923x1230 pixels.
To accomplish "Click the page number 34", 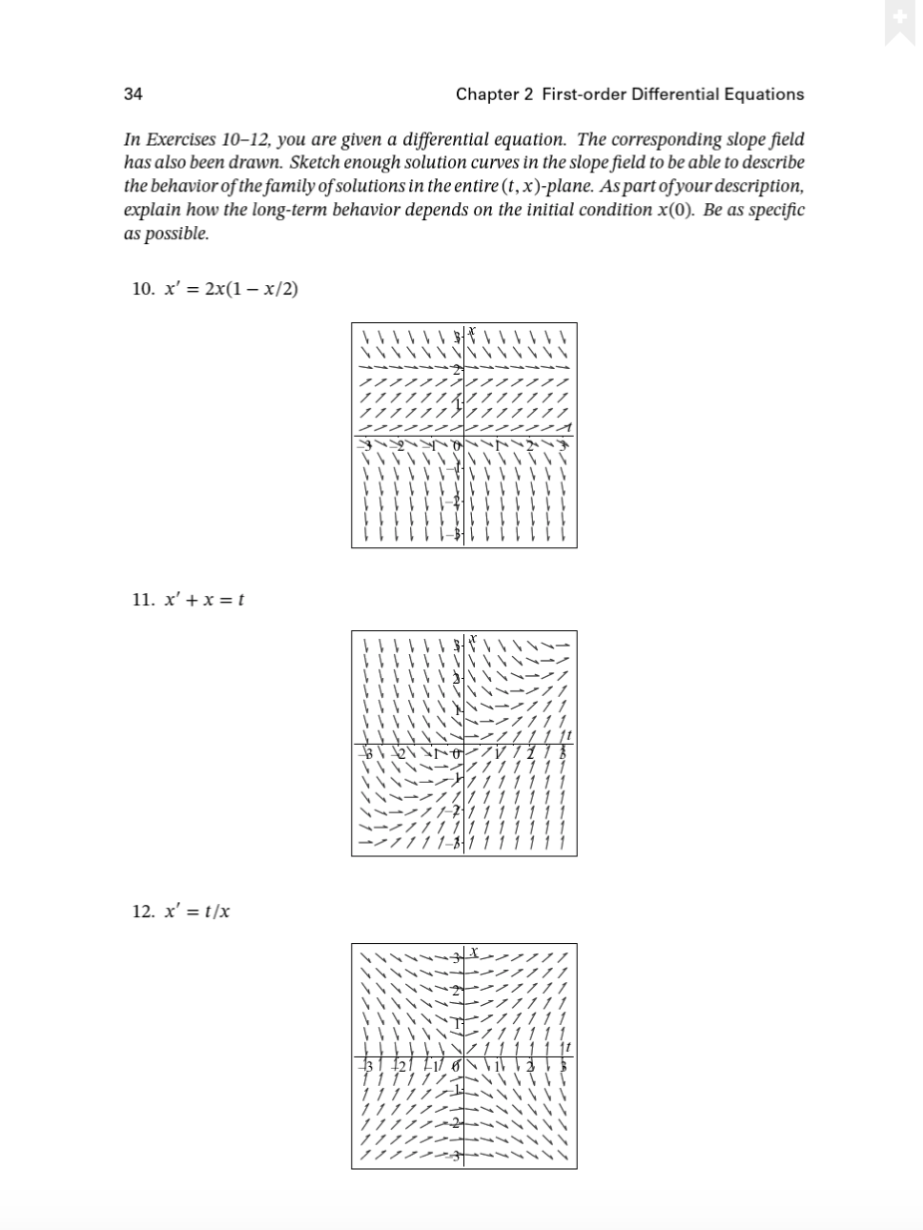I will [x=133, y=93].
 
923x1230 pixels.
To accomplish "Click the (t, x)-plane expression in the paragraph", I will [x=607, y=186].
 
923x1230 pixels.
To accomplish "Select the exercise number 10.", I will [x=143, y=289].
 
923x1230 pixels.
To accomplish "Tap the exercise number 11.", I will [x=143, y=600].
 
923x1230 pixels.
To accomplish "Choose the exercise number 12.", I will [x=143, y=912].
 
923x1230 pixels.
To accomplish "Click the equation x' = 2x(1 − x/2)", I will [x=231, y=289].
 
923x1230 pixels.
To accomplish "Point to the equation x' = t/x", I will [x=197, y=912].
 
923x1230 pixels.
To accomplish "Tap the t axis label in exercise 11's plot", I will [x=569, y=735].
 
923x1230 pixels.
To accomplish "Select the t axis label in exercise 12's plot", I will [x=569, y=1048].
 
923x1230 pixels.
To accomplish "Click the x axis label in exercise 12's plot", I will [x=473, y=952].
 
